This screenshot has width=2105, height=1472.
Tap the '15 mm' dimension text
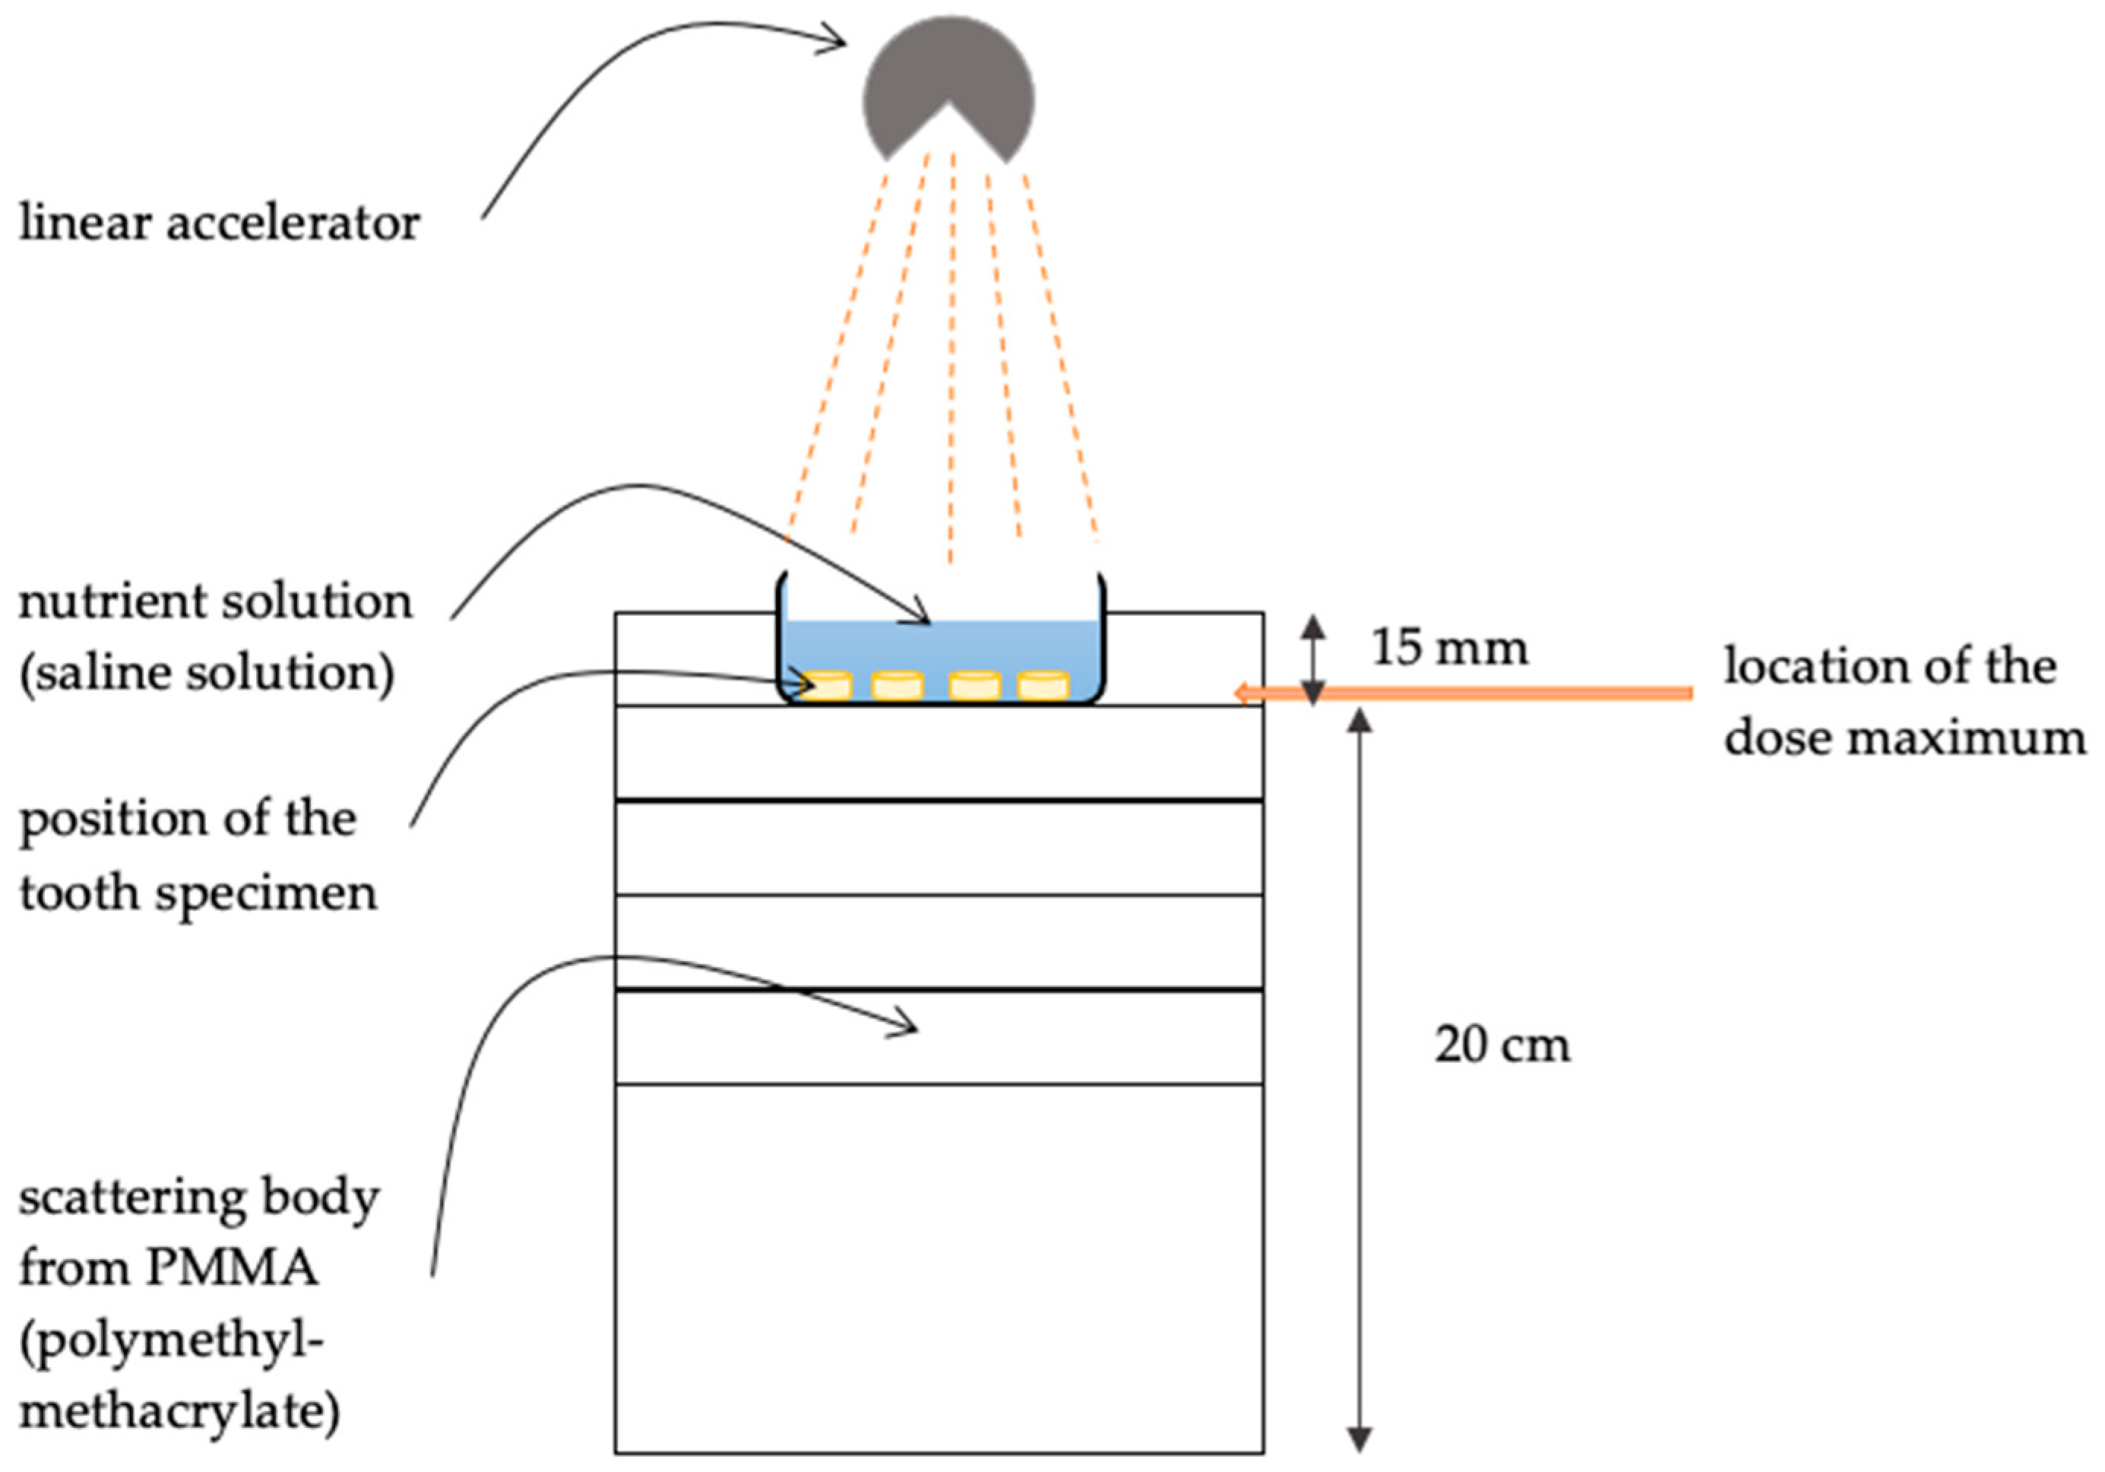click(1449, 648)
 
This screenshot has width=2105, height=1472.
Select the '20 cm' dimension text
click(1502, 1045)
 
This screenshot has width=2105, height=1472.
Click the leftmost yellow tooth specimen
click(828, 685)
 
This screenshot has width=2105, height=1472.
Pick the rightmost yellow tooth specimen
click(1043, 685)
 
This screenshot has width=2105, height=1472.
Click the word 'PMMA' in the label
click(231, 1268)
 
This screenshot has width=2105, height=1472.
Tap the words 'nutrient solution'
click(216, 601)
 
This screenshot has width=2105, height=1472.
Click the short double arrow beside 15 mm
click(1314, 658)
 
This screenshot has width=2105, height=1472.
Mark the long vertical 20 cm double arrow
click(1360, 1082)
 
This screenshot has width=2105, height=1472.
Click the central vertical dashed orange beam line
click(951, 357)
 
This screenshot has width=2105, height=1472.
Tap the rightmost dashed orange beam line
click(1061, 353)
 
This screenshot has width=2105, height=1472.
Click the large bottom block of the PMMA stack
click(939, 1266)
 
